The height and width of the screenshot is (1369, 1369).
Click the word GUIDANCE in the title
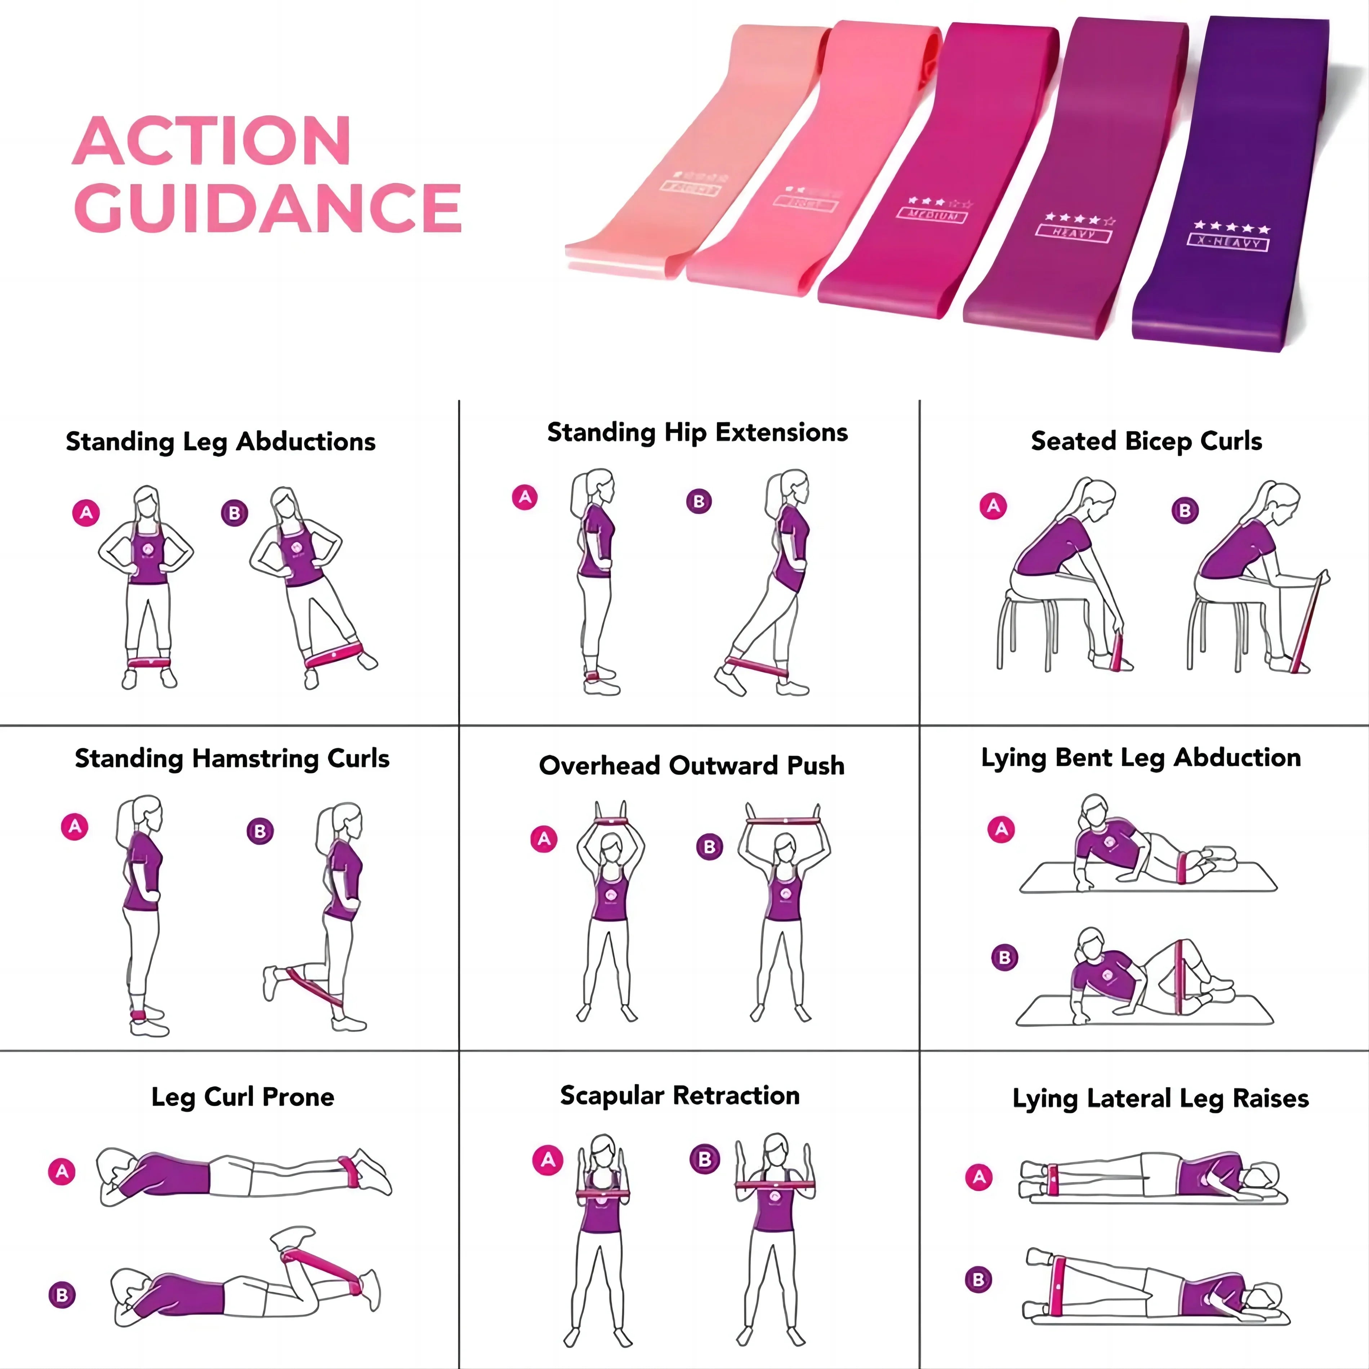(268, 208)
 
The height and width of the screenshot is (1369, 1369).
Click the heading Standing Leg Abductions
(220, 441)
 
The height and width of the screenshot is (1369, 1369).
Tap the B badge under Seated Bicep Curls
(1185, 510)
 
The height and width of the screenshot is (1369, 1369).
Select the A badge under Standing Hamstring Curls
(75, 826)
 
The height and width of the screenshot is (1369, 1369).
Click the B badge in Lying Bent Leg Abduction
(1004, 957)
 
